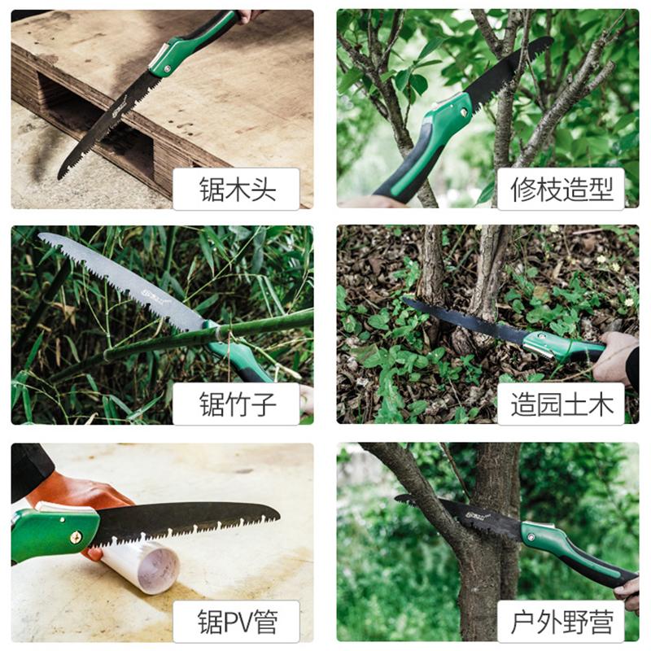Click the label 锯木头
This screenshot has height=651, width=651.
[238, 190]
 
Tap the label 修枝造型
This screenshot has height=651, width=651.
[561, 190]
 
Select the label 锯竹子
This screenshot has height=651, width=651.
[238, 404]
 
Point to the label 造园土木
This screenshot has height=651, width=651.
[561, 404]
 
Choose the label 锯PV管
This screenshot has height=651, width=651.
[238, 622]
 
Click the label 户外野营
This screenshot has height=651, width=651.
[561, 622]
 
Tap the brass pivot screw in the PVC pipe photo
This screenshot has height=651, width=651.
[76, 538]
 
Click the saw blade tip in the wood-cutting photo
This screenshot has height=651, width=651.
[59, 177]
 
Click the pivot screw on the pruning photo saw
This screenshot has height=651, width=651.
[465, 111]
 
